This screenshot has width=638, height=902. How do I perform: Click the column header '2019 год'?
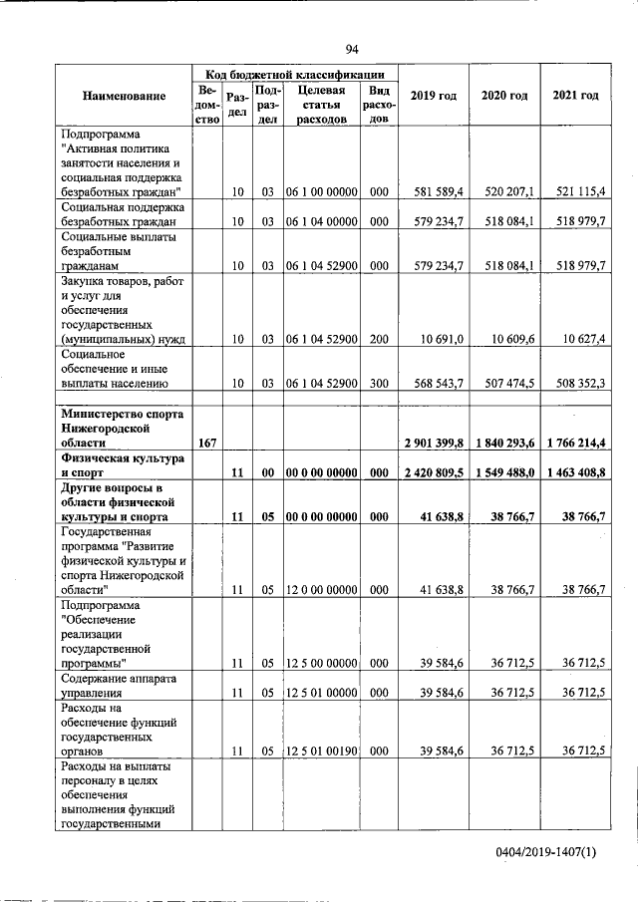[434, 96]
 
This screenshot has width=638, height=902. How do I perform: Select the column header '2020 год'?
[504, 96]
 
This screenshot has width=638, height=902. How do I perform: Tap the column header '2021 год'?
[575, 96]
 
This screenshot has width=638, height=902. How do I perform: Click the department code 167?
[207, 443]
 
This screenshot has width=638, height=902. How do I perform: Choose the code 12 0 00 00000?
[321, 590]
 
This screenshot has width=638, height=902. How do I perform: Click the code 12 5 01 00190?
[321, 751]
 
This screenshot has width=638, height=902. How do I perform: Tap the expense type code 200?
[378, 340]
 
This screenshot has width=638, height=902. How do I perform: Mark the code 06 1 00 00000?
[321, 190]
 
